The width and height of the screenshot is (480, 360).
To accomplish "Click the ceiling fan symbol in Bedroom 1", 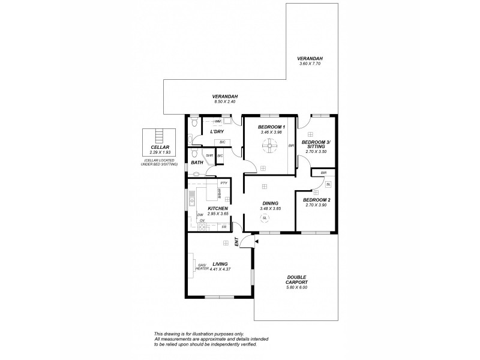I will pos(269,144).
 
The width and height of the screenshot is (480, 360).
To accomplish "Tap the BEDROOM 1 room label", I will pos(271,127).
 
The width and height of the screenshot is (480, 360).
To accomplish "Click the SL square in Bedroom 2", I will pos(328,184).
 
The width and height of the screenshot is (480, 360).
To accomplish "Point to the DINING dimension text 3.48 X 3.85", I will pos(270,209).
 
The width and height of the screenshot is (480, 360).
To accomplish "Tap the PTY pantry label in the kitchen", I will pos(223,182).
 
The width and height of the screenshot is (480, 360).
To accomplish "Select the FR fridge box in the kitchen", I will pos(223,227).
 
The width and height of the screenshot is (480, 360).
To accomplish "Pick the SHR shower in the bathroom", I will pos(209,156).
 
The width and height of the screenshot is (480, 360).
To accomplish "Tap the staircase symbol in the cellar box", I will pos(160,135).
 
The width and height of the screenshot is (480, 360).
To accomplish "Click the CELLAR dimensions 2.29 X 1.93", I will pos(160,152).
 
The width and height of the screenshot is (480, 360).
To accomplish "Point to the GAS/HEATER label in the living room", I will pos(202,267).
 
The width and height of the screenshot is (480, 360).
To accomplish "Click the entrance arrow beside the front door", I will pos(256,241).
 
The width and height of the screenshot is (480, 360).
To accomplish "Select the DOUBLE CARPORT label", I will pos(296,279).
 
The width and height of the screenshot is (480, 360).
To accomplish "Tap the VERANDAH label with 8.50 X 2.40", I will pos(226,101).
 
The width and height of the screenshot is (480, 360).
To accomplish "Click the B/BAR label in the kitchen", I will pos(220,194).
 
